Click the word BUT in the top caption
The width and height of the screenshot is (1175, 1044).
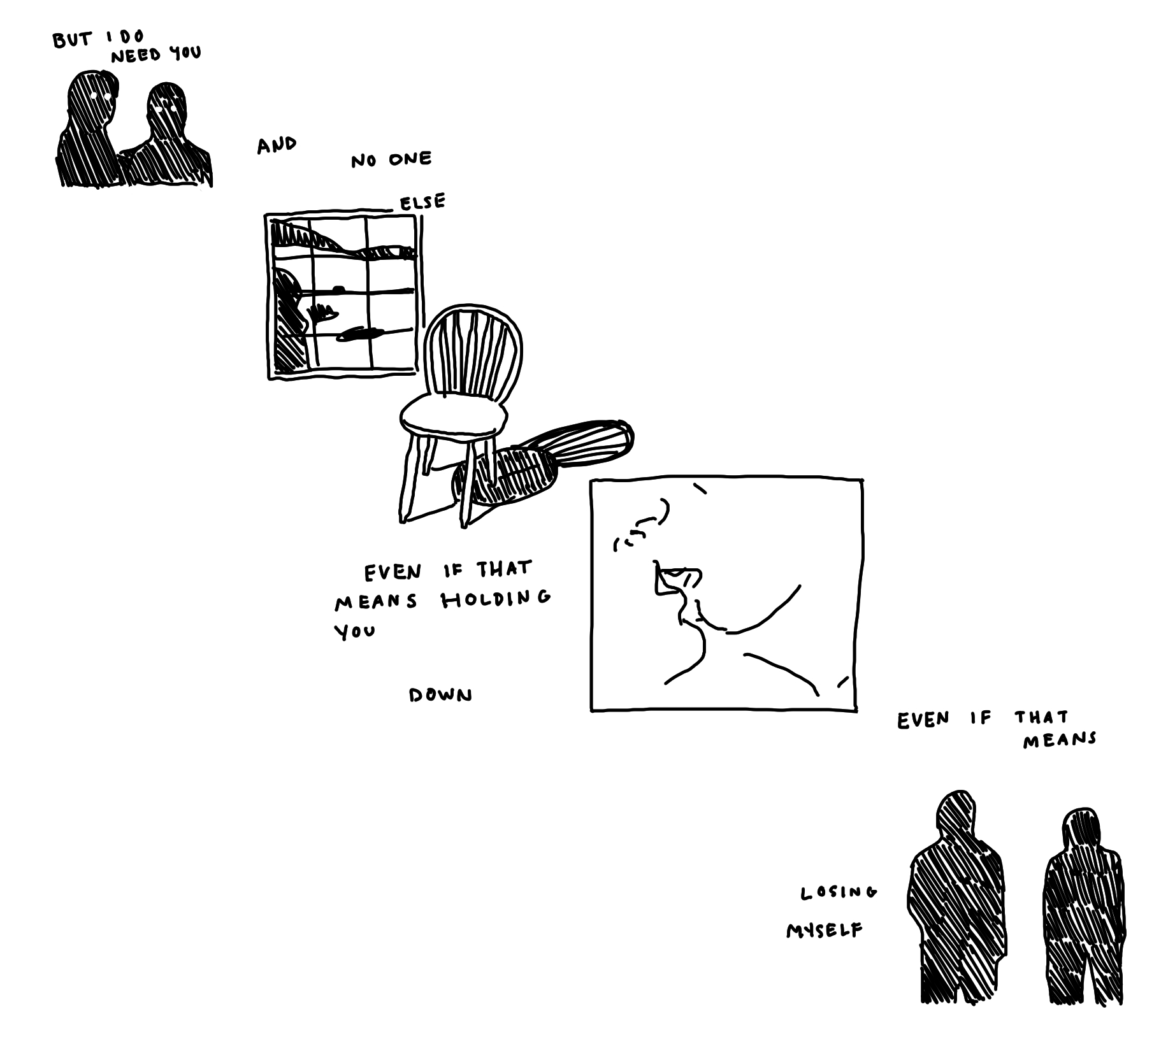tap(72, 40)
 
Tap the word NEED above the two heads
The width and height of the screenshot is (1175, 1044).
tap(136, 56)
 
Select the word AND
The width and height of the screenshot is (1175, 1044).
tap(277, 145)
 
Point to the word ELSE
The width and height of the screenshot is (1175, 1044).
tap(422, 203)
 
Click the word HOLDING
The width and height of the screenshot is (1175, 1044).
tap(496, 599)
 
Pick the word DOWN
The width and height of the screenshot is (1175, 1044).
tap(440, 695)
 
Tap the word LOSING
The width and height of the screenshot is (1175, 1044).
tap(839, 892)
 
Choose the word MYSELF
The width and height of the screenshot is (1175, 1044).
tap(825, 931)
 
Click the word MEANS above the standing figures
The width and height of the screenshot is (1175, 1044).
tap(1060, 740)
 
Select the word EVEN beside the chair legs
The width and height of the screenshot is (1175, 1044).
tap(393, 573)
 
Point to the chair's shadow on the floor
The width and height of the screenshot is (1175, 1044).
tap(542, 462)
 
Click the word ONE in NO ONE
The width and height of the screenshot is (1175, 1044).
tap(410, 159)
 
